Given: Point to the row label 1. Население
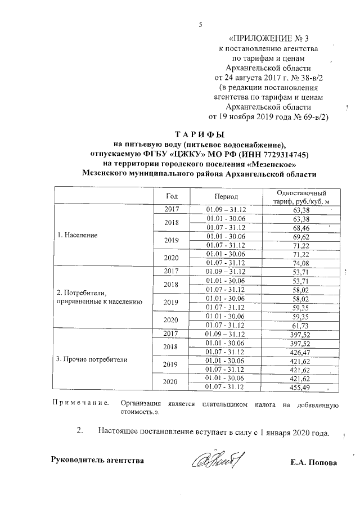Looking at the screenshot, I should (78, 235).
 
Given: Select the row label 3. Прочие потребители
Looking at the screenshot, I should (93, 358).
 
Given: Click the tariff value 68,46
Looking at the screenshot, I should (302, 228).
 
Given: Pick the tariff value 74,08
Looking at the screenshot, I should (302, 262).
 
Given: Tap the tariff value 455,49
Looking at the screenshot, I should (302, 387).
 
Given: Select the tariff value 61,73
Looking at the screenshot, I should (302, 325).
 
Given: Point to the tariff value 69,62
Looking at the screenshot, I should (302, 237).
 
